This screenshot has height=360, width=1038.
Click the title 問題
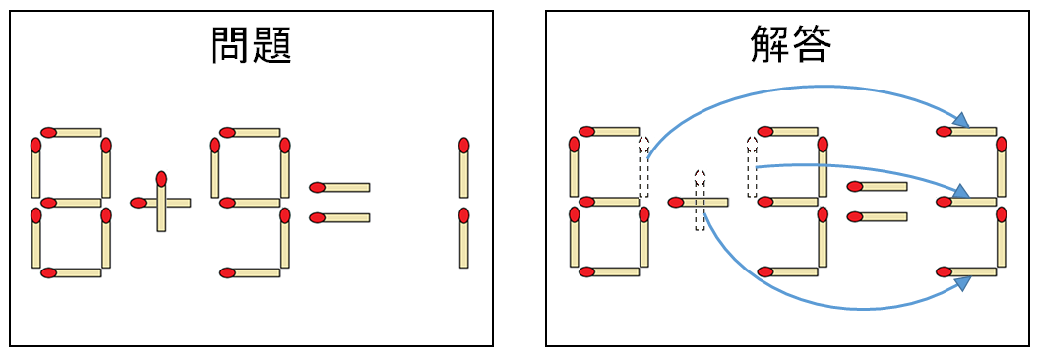(x=251, y=45)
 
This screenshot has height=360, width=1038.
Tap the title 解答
(x=790, y=45)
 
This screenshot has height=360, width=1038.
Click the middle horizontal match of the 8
(x=71, y=203)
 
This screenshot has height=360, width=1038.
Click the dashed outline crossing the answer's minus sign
(x=700, y=201)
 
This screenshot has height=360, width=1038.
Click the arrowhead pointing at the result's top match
(x=961, y=121)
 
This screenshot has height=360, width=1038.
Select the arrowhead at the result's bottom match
(x=960, y=282)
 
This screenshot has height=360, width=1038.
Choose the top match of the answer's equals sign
(x=877, y=186)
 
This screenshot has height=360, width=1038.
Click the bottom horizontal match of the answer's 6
(x=609, y=272)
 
